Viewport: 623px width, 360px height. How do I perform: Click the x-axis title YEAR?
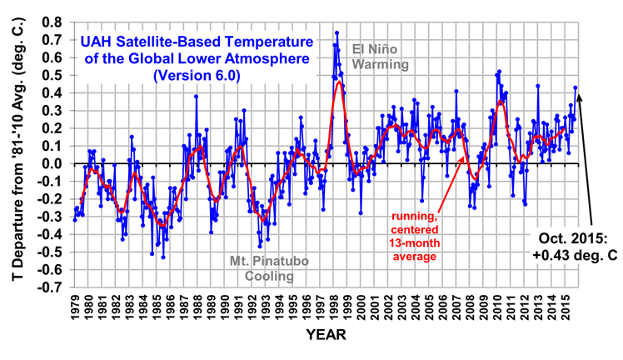tap(320, 335)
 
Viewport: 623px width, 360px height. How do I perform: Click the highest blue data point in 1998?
tap(336, 32)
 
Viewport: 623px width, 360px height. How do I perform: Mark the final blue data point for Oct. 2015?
tap(575, 87)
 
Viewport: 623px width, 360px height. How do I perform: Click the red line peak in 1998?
tap(339, 82)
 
